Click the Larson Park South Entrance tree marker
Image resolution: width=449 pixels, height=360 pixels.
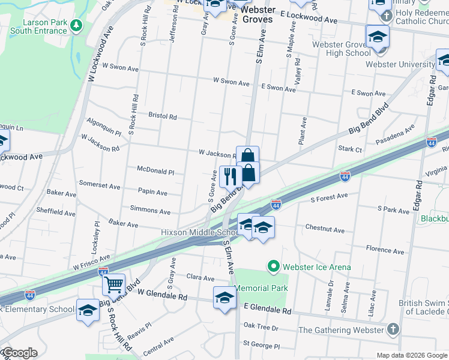[x=76, y=25]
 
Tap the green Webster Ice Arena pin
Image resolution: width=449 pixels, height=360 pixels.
[x=274, y=266]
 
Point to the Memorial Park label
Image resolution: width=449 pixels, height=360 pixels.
[x=261, y=288]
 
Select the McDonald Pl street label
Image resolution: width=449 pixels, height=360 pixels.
[x=155, y=171]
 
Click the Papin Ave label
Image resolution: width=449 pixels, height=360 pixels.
[x=153, y=193]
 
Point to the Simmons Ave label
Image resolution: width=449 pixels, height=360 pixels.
[x=150, y=211]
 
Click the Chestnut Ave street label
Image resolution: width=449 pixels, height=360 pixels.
[x=325, y=230]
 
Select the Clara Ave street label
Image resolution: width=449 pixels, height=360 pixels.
[x=200, y=278]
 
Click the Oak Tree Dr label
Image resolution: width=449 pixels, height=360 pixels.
[x=261, y=328]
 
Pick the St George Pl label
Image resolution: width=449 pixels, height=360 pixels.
[x=261, y=346]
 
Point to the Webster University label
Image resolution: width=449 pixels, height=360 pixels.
[x=400, y=64]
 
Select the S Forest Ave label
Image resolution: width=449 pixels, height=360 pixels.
[x=329, y=196]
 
